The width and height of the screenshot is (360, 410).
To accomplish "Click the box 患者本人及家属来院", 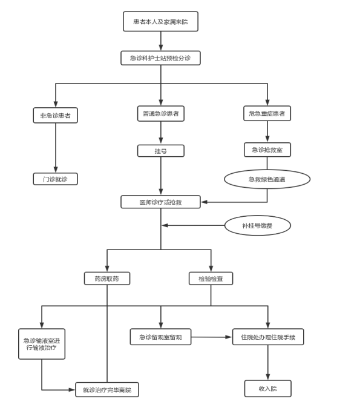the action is [160, 21].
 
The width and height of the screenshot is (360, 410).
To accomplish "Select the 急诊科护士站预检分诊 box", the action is [160, 58].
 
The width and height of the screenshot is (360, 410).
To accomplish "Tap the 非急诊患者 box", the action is [56, 115].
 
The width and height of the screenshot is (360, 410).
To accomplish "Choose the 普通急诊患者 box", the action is [161, 113].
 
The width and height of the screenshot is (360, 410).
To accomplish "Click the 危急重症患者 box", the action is [267, 113].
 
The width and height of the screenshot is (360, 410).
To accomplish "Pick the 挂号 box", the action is [161, 151].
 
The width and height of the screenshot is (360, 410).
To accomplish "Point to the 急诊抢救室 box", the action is [267, 150].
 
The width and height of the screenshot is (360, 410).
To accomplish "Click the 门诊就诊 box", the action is [56, 179].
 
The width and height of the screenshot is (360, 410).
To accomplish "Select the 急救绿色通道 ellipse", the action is [267, 179].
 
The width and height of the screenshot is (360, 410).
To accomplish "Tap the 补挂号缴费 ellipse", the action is [258, 225].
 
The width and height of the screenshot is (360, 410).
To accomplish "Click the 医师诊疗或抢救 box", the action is [160, 202].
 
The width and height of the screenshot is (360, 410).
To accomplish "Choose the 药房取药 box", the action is [107, 279].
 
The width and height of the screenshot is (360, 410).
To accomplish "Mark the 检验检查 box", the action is [211, 279].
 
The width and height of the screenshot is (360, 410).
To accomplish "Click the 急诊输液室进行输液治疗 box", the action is [42, 344].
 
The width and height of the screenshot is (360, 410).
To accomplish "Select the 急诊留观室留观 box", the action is [160, 337].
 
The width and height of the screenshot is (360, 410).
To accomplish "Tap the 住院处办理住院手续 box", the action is [268, 337].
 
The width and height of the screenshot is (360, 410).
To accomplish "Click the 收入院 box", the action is [268, 389].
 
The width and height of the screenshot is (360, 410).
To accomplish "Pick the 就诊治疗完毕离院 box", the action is [107, 389].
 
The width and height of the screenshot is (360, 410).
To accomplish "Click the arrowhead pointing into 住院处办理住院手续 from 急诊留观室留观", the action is [229, 337].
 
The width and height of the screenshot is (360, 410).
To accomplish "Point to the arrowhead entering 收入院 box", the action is [268, 377].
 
